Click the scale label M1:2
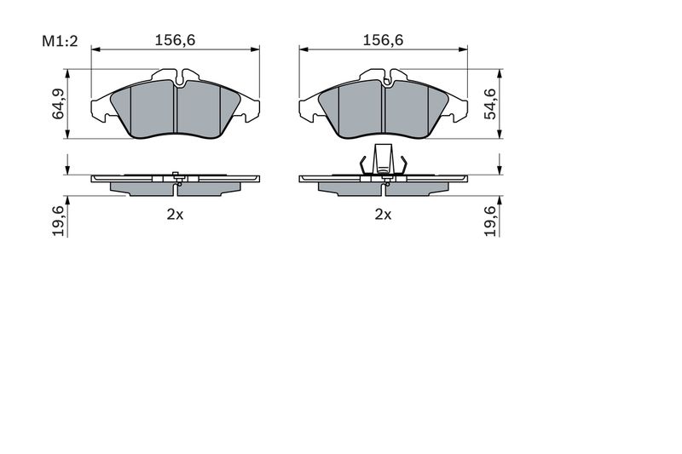point(60,41)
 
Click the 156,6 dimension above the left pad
point(176,40)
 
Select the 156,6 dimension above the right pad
point(383,40)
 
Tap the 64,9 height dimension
point(58,103)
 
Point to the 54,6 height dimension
point(490,103)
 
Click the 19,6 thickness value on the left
point(58,221)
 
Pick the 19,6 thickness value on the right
point(490,221)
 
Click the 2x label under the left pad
point(176,214)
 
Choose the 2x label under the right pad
point(383,214)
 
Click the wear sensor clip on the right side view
point(383,159)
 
